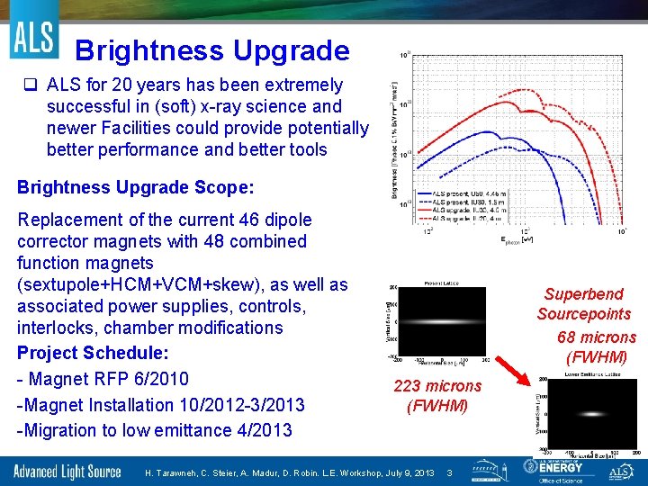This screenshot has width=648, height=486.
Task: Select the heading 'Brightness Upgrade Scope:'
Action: (136, 188)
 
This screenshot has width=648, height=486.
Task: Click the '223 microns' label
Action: (437, 386)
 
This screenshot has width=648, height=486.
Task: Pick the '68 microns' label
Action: (596, 337)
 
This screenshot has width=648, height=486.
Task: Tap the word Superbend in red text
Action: (583, 294)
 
